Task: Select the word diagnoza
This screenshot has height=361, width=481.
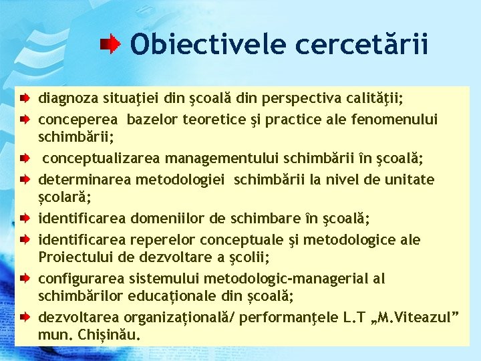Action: pos(67,100)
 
